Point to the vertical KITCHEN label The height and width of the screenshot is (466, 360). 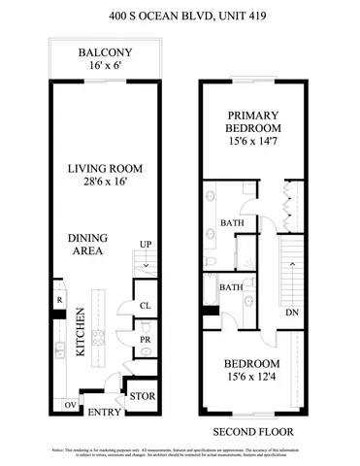82,333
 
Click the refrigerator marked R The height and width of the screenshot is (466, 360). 58,300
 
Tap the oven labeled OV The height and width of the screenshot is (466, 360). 71,404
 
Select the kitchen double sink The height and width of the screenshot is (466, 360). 59,349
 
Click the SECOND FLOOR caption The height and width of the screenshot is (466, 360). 253,431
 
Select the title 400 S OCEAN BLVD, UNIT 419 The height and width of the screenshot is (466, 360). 180,16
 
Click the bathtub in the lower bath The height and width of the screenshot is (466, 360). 212,291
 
